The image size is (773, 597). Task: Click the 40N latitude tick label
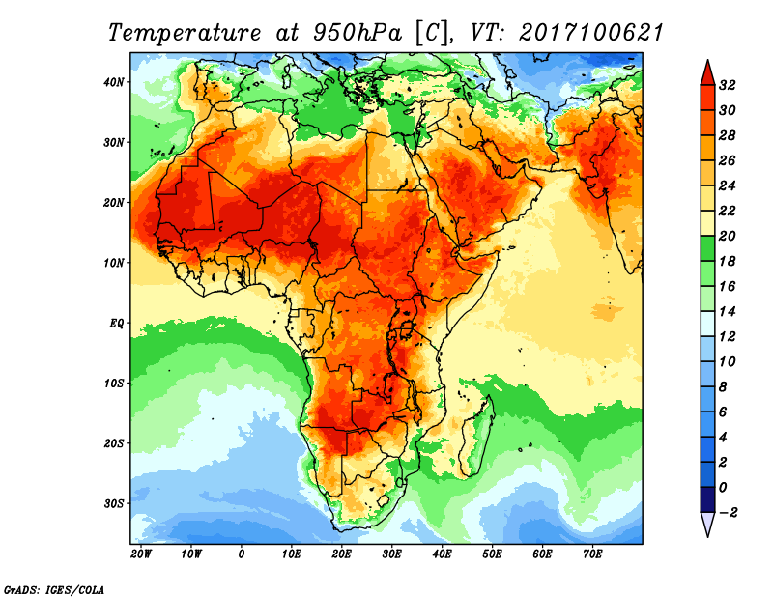[x=114, y=81]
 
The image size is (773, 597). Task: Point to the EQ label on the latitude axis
[x=116, y=322]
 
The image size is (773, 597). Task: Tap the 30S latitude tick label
[x=114, y=502]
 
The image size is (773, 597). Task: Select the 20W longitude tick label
[x=141, y=554]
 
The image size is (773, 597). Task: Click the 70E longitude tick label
[x=592, y=554]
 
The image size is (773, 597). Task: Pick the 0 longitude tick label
[x=241, y=554]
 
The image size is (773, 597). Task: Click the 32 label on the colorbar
[x=729, y=85]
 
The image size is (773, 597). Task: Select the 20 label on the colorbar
[x=729, y=236]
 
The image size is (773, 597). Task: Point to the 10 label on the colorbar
[x=729, y=361]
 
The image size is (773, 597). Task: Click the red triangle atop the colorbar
[x=706, y=71]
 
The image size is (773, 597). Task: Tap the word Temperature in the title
[x=183, y=32]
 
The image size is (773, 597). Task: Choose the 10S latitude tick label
[x=114, y=383]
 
